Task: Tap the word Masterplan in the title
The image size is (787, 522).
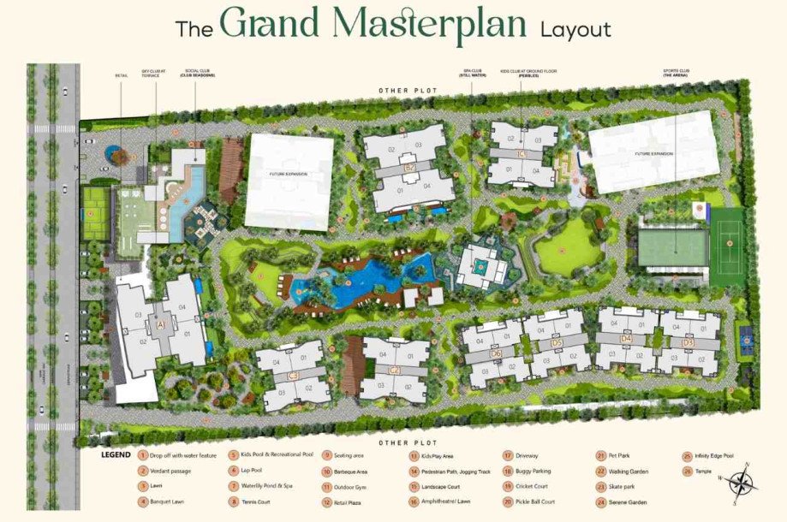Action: pos(373,25)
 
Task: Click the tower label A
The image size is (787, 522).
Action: pos(160,324)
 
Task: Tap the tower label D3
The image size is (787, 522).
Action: pos(688,342)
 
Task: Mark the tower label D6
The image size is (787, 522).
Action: pos(496,352)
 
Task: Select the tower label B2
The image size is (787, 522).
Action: pos(410,167)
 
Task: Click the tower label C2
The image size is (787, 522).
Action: pos(395,370)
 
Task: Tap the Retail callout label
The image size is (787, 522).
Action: pos(121,75)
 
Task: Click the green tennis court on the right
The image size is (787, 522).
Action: pos(728,247)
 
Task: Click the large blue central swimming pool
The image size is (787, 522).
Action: pos(360,287)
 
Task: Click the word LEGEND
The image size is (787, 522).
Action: pos(116,455)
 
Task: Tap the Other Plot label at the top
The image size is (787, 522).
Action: pos(402,90)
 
